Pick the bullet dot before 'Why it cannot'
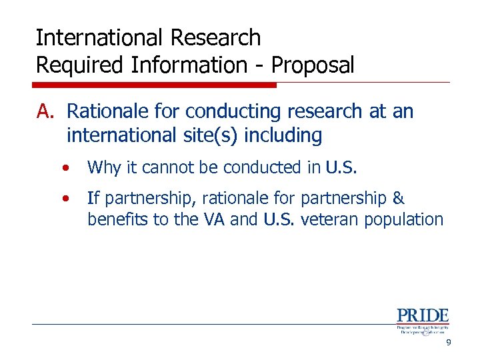65,168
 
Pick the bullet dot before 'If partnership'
65,199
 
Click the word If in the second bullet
93,198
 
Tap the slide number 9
449,342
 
